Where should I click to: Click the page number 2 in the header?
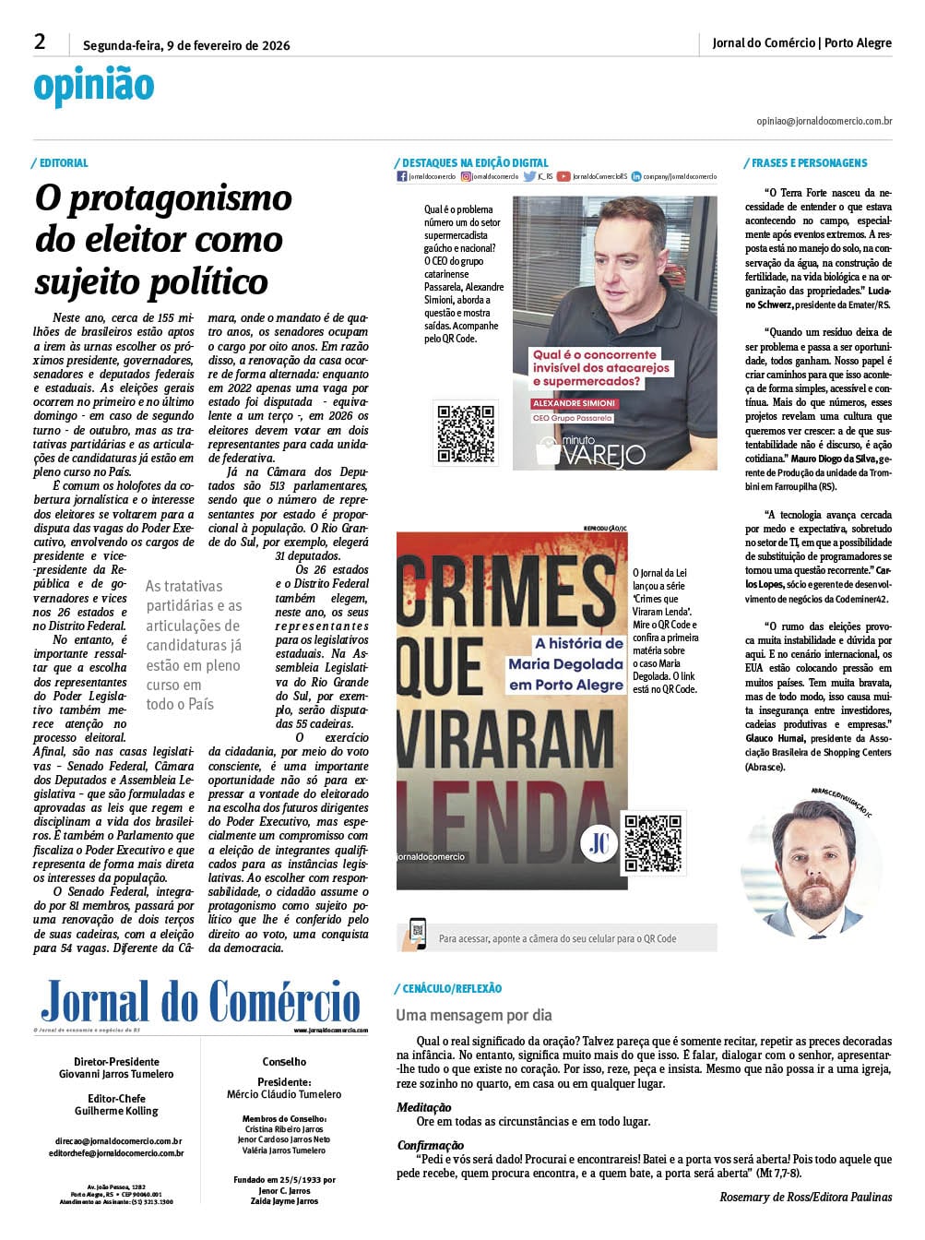[40, 42]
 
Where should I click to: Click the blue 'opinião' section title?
[93, 86]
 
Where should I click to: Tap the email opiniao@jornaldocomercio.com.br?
[824, 121]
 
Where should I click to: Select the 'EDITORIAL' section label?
[64, 163]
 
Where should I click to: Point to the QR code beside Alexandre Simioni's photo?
[466, 433]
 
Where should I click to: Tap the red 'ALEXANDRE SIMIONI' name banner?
[574, 403]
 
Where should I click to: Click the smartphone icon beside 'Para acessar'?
[418, 935]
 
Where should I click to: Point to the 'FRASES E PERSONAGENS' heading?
[809, 163]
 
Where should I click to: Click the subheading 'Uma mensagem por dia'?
[474, 1015]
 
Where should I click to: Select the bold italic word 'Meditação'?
[424, 1107]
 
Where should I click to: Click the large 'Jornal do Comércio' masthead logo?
[200, 1002]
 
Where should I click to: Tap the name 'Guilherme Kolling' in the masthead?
[116, 1111]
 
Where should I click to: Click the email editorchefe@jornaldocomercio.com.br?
[116, 1153]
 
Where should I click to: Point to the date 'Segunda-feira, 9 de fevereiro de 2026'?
[186, 45]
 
